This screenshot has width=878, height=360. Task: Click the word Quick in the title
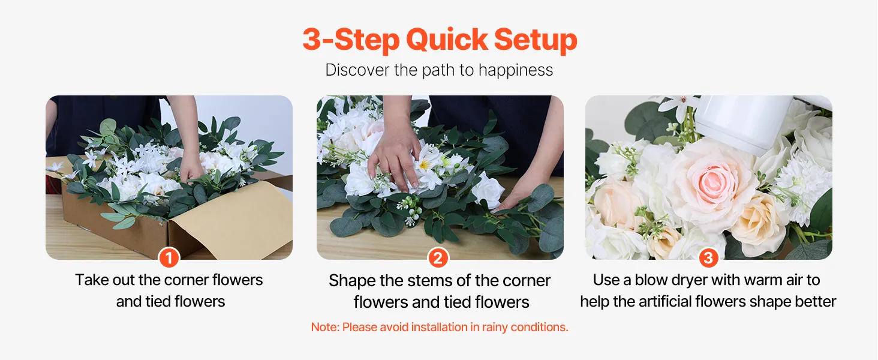(447, 40)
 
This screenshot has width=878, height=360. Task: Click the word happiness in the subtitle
(515, 70)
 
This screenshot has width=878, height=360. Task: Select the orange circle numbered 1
(169, 258)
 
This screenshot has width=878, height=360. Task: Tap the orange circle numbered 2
(438, 258)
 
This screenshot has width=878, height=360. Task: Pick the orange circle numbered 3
(708, 258)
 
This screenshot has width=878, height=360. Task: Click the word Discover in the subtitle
(358, 70)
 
